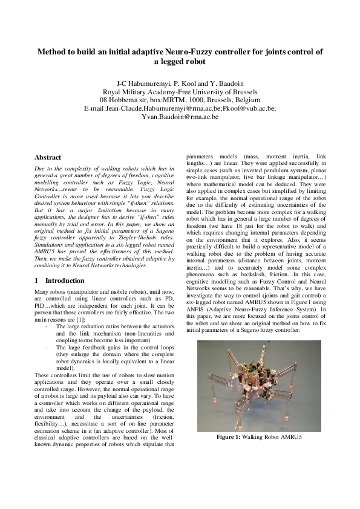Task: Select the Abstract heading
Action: pos(48,157)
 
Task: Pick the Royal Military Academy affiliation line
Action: pos(180,91)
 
